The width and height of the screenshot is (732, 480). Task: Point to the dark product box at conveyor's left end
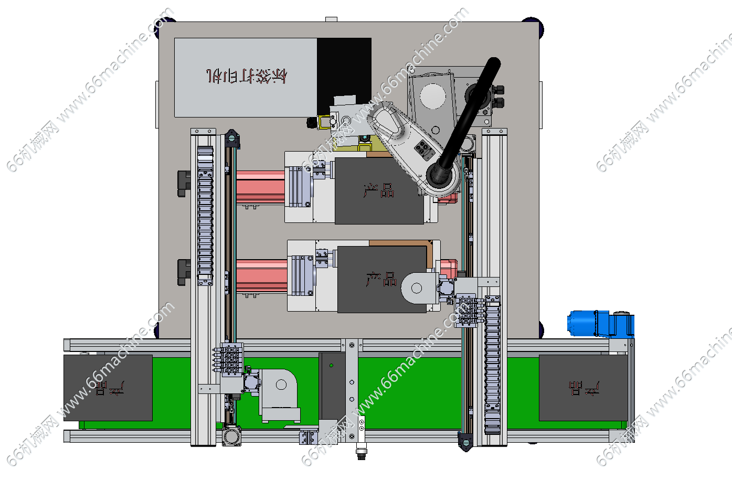(108, 388)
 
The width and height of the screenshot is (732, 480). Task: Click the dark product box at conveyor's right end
(583, 388)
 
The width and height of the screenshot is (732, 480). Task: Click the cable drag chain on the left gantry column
(205, 215)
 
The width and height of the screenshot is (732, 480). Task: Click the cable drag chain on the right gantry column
(492, 362)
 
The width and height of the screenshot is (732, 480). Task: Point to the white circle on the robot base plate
(433, 97)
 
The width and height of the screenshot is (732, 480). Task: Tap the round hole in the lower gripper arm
(417, 288)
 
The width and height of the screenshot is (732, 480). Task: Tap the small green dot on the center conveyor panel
(331, 365)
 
